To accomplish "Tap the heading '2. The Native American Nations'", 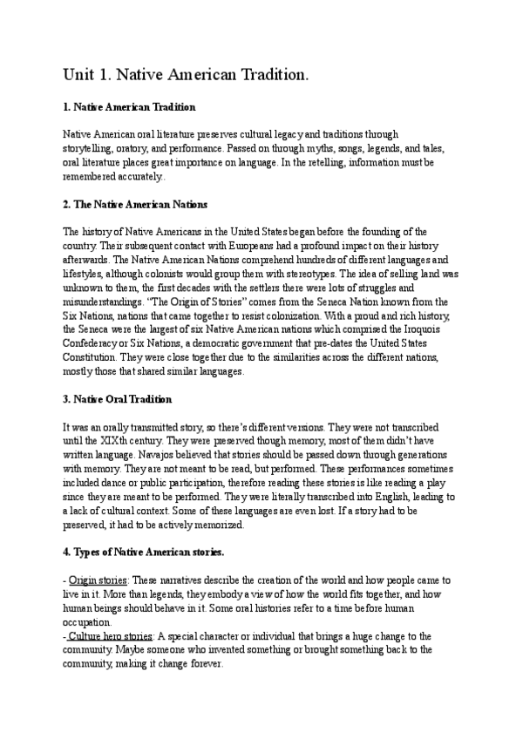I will tap(135, 205).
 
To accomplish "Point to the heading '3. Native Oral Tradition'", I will tap(118, 398).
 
